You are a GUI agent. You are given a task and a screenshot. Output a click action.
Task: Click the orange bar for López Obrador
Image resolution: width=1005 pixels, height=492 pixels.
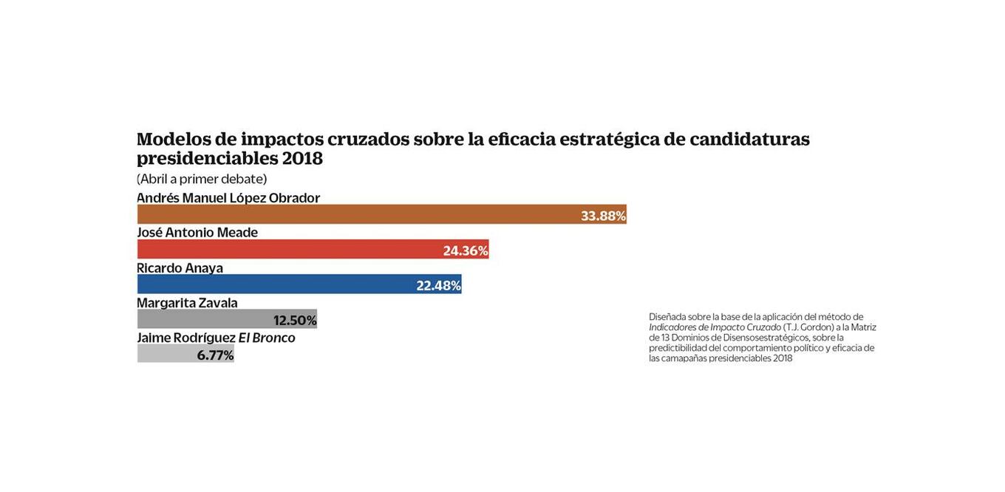[x=355, y=214]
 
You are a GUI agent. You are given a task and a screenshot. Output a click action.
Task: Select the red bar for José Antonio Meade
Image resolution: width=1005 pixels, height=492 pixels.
[x=288, y=249]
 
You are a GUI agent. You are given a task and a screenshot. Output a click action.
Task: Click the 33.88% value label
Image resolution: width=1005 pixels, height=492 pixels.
[x=603, y=216]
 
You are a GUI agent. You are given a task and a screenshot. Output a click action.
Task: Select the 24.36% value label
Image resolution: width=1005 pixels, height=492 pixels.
[x=466, y=250]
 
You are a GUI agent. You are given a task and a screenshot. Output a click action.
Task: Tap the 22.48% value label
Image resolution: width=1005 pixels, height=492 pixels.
[x=438, y=285]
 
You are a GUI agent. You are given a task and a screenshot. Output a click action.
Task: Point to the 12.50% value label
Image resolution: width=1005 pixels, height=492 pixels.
[x=295, y=320]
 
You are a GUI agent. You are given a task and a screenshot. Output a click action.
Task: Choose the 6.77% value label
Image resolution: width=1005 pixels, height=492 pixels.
[x=215, y=355]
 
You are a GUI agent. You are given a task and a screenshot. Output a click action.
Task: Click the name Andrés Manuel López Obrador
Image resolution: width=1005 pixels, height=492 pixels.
[x=228, y=198]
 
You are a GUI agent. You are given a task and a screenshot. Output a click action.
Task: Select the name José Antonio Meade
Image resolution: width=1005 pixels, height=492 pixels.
[x=197, y=233]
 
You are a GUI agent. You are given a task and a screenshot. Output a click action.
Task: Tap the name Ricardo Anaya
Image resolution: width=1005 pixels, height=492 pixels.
[x=180, y=268]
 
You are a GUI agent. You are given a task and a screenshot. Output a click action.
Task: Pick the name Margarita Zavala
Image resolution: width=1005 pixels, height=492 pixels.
[x=187, y=303]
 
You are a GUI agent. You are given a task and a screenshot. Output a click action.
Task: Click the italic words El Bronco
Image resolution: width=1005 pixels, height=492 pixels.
[x=267, y=338]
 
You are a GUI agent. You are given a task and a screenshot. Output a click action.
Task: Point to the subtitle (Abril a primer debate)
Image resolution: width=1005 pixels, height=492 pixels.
[x=202, y=179]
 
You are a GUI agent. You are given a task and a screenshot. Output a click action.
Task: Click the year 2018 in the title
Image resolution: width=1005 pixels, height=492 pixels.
[x=302, y=158]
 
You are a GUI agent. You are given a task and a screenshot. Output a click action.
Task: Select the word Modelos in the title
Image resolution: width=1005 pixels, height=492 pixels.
[x=174, y=139]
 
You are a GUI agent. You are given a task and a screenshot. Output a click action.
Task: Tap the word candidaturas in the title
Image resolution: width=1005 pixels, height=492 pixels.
[x=749, y=139]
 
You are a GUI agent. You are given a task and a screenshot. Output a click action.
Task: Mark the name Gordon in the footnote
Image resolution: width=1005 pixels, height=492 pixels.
[x=817, y=327]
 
